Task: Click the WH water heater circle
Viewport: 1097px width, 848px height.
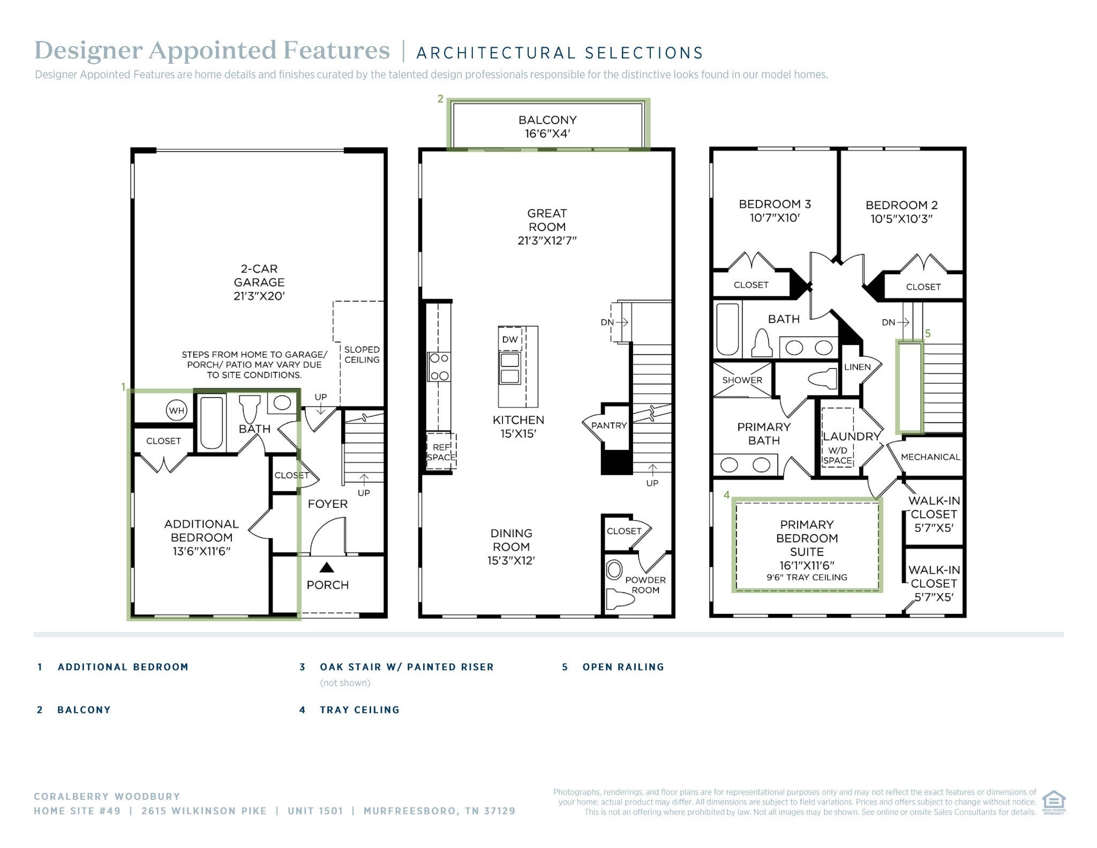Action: click(176, 411)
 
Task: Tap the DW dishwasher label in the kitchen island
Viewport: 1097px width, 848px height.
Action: click(510, 339)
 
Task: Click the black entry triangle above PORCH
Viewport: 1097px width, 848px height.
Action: click(327, 567)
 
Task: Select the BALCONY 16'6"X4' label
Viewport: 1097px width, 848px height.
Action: click(547, 127)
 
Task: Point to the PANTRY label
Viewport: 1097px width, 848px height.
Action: click(609, 425)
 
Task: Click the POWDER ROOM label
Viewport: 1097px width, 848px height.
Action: click(645, 585)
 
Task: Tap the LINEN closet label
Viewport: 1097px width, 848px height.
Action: click(857, 367)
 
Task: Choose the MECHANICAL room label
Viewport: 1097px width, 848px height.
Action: click(930, 457)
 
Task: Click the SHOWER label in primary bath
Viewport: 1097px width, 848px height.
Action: click(742, 380)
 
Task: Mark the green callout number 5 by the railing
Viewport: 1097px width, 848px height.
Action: click(928, 333)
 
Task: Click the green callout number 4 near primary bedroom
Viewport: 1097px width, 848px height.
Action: click(726, 494)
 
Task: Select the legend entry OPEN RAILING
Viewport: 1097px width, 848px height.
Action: click(623, 667)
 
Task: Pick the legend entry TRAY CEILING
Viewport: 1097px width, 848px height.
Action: click(359, 710)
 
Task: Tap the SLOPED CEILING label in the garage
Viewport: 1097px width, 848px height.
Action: click(362, 355)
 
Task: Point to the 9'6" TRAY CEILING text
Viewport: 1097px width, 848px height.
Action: click(807, 577)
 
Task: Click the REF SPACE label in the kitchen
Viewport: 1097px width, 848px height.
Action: click(441, 452)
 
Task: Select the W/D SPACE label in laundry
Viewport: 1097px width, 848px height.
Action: click(837, 455)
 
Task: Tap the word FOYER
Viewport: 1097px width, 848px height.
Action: click(328, 504)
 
